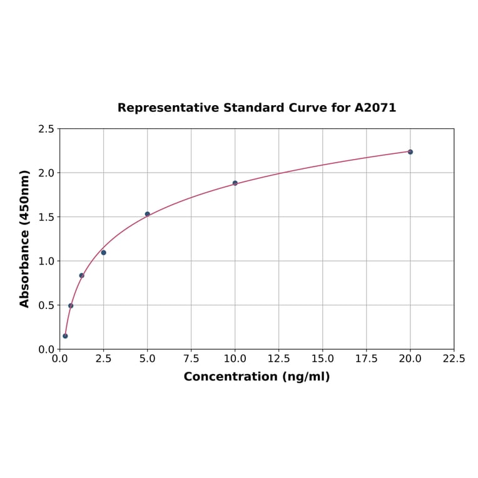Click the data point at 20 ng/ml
coord(410,152)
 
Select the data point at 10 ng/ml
coord(235,183)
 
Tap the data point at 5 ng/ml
coord(148,214)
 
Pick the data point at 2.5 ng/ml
coord(104,253)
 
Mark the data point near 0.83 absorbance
coord(82,275)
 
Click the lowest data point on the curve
coord(65,336)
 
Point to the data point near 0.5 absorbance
coord(71,306)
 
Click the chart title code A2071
coord(375,108)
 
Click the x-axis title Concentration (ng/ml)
coord(257,377)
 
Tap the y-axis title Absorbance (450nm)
coord(25,238)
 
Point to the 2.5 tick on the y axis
coord(46,129)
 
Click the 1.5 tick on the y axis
coord(46,217)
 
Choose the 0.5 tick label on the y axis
coord(46,305)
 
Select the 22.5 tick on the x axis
coord(454,358)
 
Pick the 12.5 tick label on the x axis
coord(279,358)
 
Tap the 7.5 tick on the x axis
coord(191,358)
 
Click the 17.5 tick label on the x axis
coord(367,358)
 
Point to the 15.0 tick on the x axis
coord(323,358)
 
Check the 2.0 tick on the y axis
coord(46,173)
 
